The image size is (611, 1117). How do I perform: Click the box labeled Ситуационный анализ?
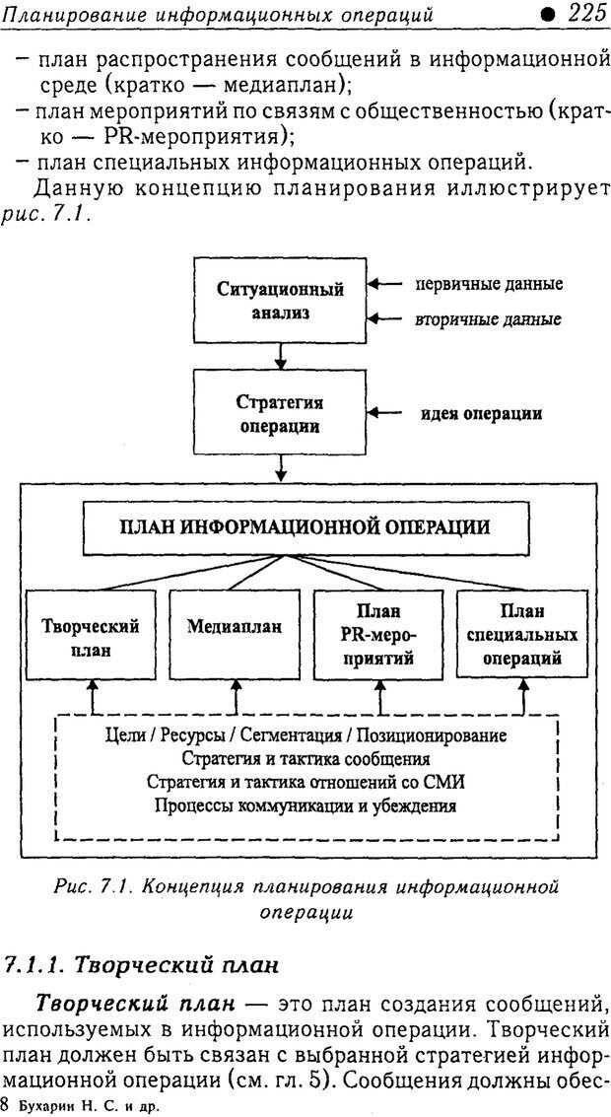coord(280,300)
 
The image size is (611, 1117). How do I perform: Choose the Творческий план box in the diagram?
coord(91,637)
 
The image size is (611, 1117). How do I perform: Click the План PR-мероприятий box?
coord(378,637)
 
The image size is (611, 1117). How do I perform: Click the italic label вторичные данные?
coord(489,319)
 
